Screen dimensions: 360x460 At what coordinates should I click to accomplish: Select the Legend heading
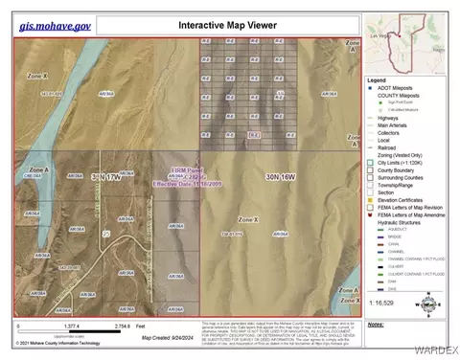[377, 79]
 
